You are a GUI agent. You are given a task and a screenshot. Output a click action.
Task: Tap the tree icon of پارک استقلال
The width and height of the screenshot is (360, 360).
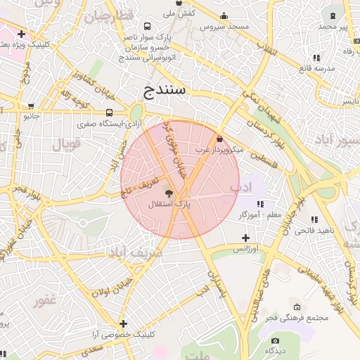click(x=169, y=192)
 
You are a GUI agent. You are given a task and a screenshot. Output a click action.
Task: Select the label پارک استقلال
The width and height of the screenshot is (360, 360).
click(x=169, y=204)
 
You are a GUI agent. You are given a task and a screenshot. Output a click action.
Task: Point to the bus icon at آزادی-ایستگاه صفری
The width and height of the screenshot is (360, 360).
click(x=109, y=112)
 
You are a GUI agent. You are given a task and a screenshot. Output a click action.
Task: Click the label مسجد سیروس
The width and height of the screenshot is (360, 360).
click(x=224, y=27)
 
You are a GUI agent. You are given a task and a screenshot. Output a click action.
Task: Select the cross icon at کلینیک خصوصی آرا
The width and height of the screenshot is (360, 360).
click(x=124, y=324)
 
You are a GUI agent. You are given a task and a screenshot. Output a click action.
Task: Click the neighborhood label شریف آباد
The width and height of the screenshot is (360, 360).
click(x=135, y=251)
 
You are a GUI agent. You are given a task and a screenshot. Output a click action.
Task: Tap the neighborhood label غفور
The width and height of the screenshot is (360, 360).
click(x=45, y=301)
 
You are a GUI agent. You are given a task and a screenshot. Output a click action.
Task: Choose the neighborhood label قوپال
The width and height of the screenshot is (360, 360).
click(x=67, y=144)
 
